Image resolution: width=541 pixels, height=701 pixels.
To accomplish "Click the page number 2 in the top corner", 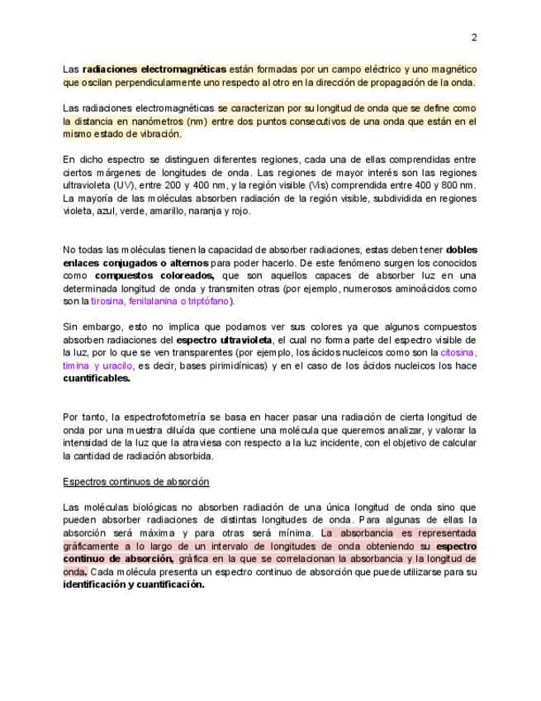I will click(474, 37).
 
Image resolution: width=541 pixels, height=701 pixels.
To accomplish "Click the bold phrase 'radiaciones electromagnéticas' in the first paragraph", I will click(154, 69).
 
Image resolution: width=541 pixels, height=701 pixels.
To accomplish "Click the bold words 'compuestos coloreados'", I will click(154, 275).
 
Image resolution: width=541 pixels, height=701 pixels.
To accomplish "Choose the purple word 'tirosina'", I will click(107, 302).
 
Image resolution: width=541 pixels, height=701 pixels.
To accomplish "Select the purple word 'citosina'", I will click(458, 352).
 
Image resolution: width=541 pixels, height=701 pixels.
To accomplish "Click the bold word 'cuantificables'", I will click(97, 379).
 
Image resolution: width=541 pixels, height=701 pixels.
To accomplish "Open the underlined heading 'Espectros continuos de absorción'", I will click(136, 481).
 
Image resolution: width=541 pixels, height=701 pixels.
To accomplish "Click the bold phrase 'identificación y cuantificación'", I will click(133, 584).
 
